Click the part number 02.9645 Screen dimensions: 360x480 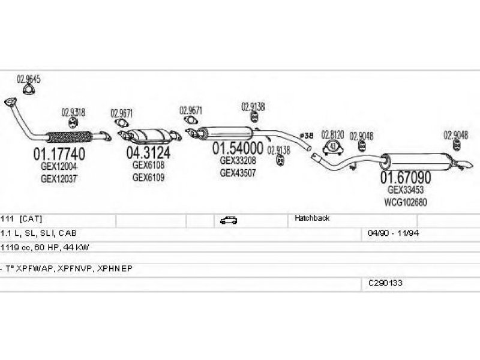click(28, 79)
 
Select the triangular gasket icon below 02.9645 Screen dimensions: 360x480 click(28, 90)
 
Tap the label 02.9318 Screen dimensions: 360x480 click(73, 112)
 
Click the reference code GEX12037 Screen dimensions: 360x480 click(59, 178)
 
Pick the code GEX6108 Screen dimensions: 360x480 click(148, 165)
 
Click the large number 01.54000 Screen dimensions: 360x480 click(239, 148)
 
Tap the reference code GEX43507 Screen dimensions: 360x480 click(239, 173)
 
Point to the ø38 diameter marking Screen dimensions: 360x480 click(307, 136)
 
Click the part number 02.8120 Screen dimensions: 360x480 click(333, 134)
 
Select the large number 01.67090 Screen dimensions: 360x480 click(406, 178)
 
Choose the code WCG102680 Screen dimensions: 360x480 click(406, 202)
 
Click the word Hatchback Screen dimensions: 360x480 click(312, 218)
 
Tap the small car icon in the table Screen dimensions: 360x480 click(229, 220)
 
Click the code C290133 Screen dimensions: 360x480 click(386, 281)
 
